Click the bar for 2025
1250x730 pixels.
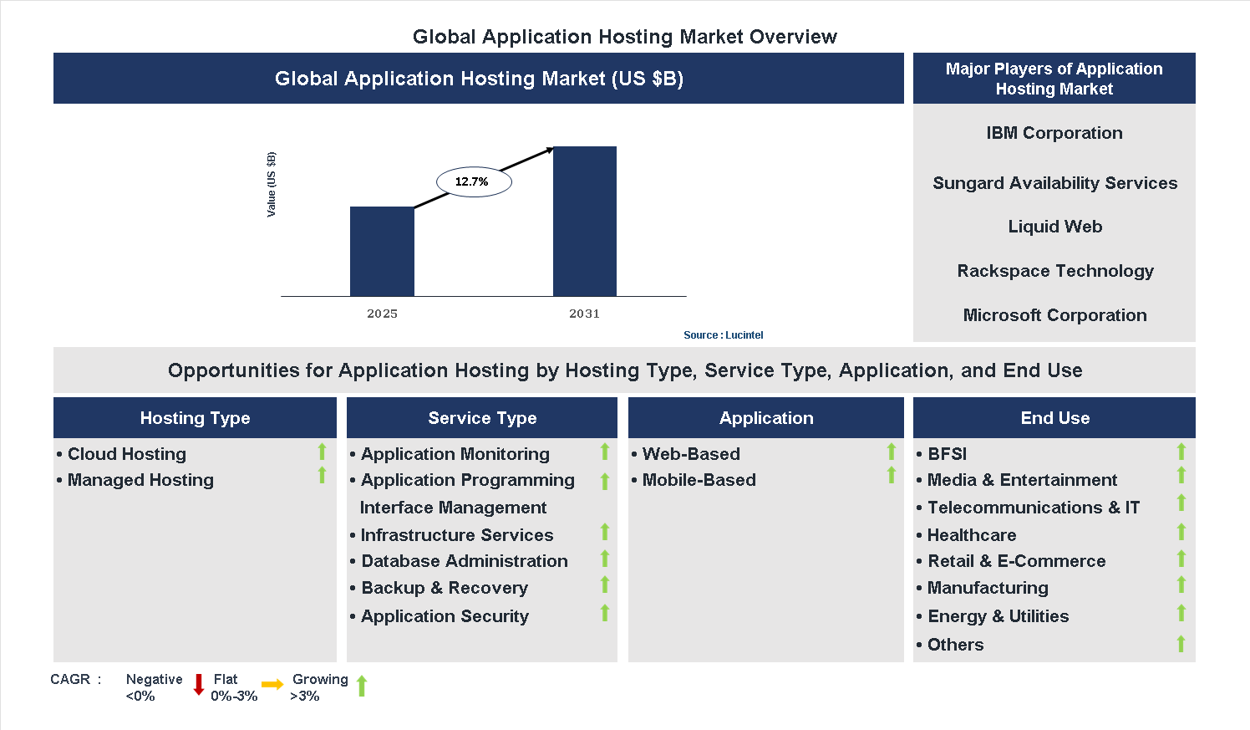382,251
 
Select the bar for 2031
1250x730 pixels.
584,221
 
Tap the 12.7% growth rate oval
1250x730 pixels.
473,181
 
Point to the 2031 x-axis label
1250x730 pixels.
584,314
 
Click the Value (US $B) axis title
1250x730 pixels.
271,185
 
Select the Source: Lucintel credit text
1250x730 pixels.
723,335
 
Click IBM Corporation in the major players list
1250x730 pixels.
1054,133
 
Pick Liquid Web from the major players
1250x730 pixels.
1054,227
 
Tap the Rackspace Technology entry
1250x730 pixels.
1054,271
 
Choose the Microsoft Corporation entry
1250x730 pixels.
1054,315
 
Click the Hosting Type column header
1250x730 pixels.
195,418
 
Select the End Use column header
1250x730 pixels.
1054,418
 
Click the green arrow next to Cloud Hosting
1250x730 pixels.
322,452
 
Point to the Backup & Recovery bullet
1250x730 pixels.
444,588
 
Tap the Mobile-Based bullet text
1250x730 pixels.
699,480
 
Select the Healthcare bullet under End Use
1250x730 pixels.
971,535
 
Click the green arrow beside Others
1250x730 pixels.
1181,644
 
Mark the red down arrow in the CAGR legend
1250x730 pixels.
199,685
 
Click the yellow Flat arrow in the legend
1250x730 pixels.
272,685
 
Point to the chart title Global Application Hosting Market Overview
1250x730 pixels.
624,37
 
